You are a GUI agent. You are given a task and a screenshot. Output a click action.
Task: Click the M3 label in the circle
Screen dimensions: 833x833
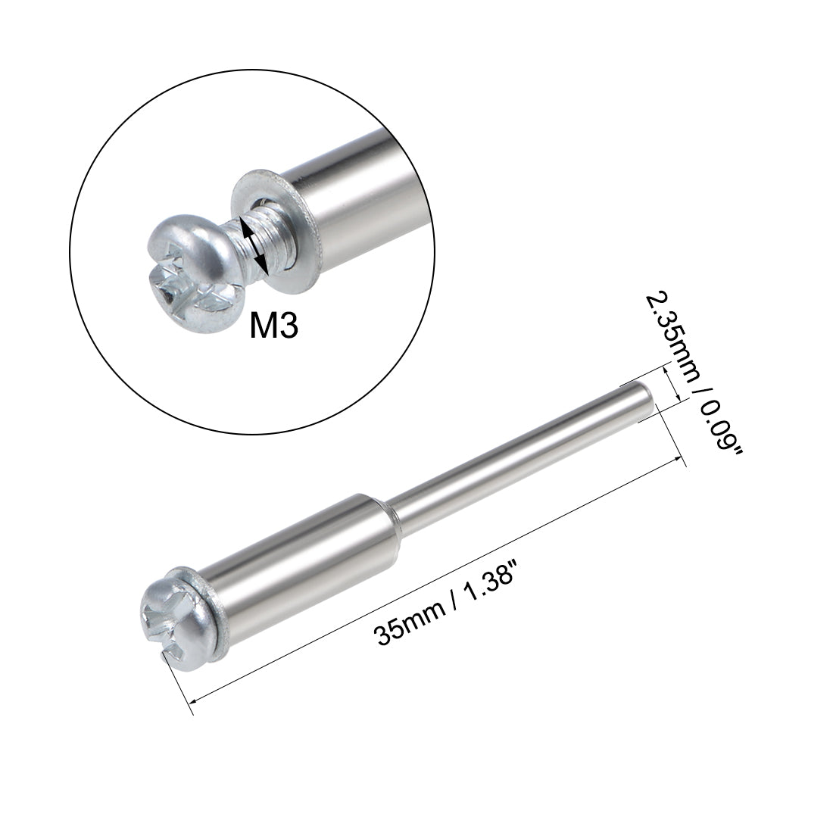pos(273,326)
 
